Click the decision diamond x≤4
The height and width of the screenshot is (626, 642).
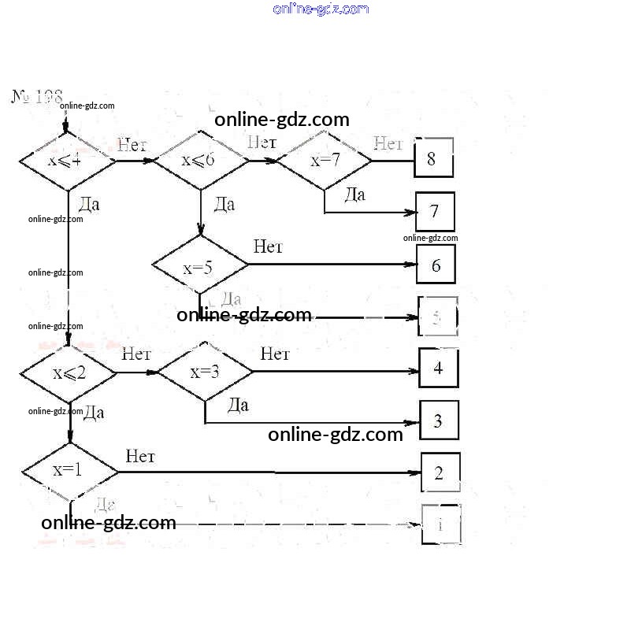point(67,161)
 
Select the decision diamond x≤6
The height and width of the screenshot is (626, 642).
point(200,161)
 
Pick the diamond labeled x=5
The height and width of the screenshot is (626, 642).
point(199,266)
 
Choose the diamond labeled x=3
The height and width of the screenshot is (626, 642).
point(206,372)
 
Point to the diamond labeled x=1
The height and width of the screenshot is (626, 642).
point(69,472)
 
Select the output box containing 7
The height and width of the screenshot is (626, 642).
point(435,211)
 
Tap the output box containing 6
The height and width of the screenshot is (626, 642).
point(436,265)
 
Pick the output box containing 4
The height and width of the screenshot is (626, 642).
point(438,368)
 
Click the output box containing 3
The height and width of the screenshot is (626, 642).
point(439,420)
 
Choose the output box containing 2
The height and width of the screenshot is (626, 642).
point(440,472)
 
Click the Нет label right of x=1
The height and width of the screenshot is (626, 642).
point(140,456)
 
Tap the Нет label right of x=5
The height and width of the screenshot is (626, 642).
point(268,246)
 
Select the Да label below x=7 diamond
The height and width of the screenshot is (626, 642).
point(355,194)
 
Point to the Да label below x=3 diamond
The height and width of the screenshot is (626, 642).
point(238,405)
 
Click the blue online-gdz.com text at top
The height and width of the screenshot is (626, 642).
point(321,9)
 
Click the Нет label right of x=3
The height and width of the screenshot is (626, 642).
point(275,354)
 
